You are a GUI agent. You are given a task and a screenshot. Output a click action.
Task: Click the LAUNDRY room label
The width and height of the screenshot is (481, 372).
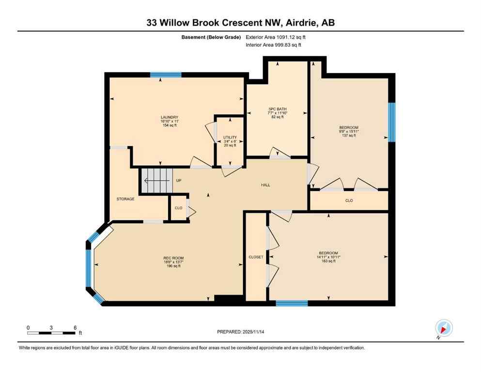[x=170, y=117]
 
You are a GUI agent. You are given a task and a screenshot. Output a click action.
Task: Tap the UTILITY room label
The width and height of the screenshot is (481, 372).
[x=229, y=138]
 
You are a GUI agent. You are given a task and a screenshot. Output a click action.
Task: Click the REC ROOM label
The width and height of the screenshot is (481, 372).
[x=173, y=258]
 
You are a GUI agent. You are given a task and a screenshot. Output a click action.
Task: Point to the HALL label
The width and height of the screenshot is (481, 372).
[x=265, y=185]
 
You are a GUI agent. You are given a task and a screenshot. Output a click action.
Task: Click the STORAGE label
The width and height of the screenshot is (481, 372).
[x=125, y=199]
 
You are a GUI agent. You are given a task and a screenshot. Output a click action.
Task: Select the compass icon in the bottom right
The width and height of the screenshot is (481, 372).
[x=444, y=328]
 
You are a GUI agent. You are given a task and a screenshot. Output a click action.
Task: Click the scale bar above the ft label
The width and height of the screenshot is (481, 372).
[x=51, y=333]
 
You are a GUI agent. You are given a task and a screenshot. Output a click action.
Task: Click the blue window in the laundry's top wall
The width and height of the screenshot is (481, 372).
[x=166, y=75]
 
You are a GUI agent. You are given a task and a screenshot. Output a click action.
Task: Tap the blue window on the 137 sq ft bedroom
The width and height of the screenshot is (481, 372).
[x=391, y=122]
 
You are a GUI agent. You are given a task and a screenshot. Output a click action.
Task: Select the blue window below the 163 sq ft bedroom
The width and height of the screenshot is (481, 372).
[x=292, y=304]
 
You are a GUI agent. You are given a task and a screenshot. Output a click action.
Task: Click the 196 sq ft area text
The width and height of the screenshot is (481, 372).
[x=173, y=266]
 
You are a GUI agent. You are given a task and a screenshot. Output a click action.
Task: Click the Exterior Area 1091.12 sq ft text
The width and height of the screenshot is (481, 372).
[x=276, y=37]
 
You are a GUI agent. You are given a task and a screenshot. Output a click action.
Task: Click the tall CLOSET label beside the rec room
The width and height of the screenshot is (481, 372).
[x=255, y=257]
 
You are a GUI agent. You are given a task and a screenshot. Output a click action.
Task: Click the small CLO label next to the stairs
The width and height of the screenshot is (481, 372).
[x=178, y=208]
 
